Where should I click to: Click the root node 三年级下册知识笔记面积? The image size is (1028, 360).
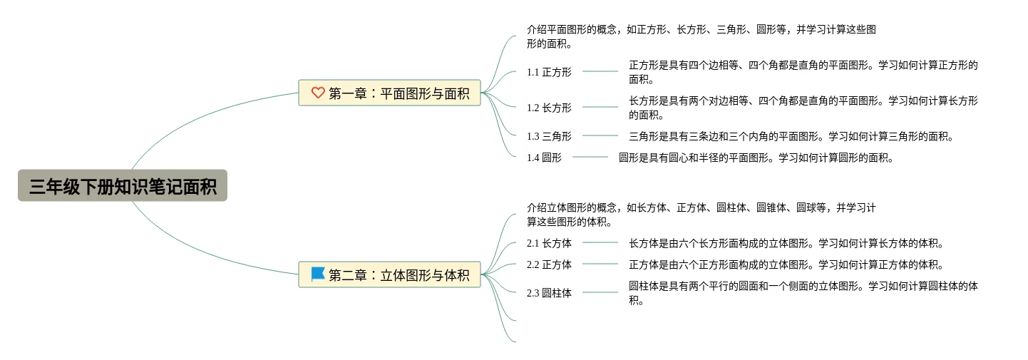123,186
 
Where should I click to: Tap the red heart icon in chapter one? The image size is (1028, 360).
318,93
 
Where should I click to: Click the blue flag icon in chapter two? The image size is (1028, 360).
318,274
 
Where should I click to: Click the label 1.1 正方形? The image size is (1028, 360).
549,72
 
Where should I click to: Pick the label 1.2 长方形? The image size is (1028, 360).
549,108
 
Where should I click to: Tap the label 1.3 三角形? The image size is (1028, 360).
549,136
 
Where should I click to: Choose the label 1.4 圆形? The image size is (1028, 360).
544,158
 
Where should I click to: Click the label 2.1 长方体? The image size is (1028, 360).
549,243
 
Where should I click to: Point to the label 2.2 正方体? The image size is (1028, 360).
549,264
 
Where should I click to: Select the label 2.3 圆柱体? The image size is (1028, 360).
549,293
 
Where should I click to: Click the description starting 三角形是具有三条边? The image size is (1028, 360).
791,136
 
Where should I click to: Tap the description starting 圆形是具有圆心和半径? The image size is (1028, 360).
756,158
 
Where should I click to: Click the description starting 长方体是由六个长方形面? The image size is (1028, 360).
786,243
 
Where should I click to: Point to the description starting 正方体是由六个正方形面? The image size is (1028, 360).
786,264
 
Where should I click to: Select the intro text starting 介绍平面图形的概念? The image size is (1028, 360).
701,36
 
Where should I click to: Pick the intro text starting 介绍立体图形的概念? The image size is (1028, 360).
701,215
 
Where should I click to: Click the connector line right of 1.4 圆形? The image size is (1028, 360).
590,157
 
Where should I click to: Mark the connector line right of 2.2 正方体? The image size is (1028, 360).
600,264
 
